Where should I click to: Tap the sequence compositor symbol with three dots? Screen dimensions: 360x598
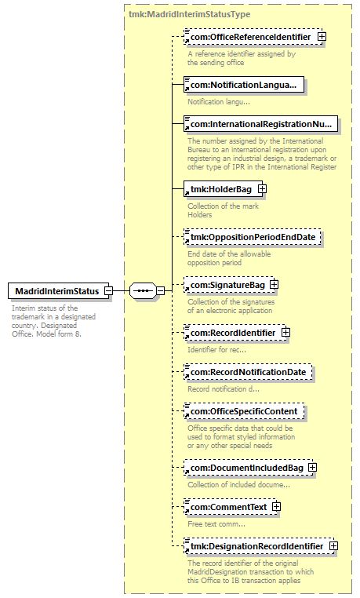(143, 291)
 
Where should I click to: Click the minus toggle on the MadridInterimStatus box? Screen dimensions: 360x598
(108, 291)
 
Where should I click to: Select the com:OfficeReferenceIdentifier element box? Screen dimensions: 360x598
(253, 37)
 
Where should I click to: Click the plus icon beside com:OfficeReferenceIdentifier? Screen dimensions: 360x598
(322, 37)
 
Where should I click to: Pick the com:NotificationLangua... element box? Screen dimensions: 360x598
(244, 85)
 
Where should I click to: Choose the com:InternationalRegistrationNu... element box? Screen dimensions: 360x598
(260, 124)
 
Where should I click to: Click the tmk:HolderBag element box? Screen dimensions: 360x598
(224, 189)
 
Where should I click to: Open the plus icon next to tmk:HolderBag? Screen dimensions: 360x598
(262, 189)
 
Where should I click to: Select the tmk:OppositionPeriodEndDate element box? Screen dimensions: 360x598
(253, 237)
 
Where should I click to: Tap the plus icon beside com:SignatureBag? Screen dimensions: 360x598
(274, 285)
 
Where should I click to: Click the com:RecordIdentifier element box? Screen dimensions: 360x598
(235, 333)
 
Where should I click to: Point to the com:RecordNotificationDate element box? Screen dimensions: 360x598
(248, 372)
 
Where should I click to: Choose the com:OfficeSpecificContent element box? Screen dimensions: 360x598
(244, 411)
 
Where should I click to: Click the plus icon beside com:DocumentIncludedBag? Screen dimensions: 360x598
(312, 468)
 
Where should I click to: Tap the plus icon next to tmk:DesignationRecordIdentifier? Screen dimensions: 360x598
(333, 545)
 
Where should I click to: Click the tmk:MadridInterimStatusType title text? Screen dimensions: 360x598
(190, 14)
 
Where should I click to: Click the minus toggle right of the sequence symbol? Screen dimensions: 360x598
(161, 291)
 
